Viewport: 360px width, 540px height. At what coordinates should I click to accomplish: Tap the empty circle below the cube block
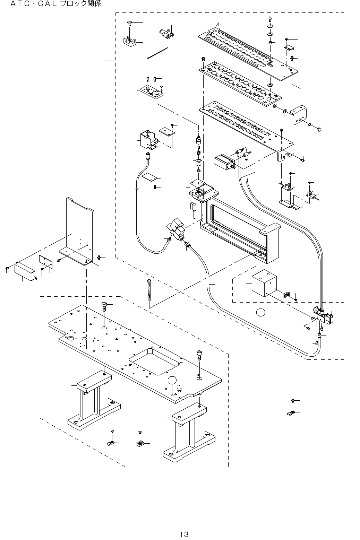coord(261,312)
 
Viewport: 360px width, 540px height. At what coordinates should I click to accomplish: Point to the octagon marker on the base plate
coord(173,380)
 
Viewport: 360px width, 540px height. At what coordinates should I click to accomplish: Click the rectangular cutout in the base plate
coord(155,362)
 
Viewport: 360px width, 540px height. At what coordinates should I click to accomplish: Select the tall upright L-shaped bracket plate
coord(80,229)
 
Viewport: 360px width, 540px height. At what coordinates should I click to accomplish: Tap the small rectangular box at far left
coord(25,272)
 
